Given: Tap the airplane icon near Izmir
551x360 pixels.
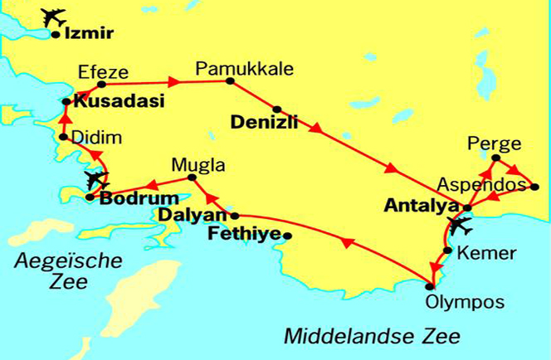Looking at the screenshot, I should coord(54,17).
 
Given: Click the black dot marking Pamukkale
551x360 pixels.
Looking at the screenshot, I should coord(230,82).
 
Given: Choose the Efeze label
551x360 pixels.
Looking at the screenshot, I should coord(97,71).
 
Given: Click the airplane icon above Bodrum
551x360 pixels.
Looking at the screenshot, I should coord(96,178).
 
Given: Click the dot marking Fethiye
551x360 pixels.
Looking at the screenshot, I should coord(287,236).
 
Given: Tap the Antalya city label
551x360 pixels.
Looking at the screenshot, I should coord(422,205).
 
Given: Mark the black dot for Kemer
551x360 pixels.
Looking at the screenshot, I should coord(447,250).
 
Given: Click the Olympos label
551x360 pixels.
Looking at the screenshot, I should coord(452,301).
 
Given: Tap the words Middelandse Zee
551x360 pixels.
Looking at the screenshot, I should coord(373,336).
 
